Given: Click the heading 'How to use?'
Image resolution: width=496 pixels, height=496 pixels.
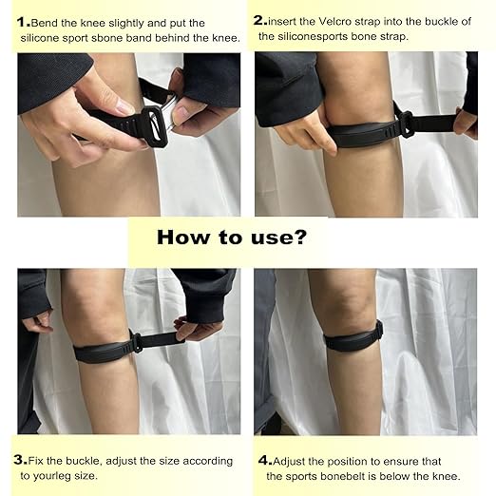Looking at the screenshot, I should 231,237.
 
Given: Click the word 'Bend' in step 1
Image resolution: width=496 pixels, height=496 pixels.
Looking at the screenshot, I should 47,21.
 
